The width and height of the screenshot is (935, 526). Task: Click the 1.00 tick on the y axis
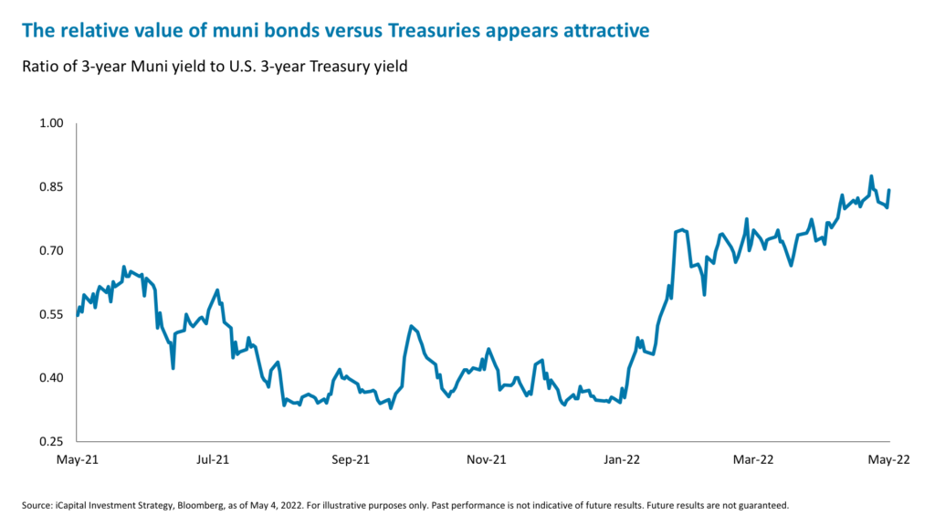pos(51,123)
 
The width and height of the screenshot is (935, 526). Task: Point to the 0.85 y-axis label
pos(51,187)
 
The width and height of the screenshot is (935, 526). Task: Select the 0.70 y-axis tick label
pos(51,250)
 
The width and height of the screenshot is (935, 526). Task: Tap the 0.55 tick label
pos(51,314)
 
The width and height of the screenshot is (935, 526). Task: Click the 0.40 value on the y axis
pos(51,378)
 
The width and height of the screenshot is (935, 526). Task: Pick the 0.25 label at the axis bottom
pos(51,442)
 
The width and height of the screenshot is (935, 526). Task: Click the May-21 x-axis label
pos(78,460)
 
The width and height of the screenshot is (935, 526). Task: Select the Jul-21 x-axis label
pos(213,460)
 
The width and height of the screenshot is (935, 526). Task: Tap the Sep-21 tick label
pos(350,460)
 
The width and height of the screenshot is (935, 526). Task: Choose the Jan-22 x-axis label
pos(621,460)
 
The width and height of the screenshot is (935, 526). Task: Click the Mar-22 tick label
pos(754,460)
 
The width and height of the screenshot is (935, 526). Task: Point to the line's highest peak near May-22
pos(871,176)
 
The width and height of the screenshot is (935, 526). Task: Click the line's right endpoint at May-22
pos(889,190)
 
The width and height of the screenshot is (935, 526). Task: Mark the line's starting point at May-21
pos(78,315)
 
